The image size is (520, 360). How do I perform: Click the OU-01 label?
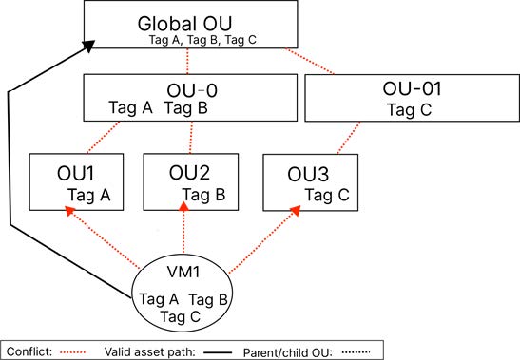(411, 90)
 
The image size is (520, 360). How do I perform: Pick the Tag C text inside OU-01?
(411, 109)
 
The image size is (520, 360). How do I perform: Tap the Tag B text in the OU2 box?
(203, 194)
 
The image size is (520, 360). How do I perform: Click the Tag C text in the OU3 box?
(326, 196)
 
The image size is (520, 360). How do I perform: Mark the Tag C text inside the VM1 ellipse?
(182, 316)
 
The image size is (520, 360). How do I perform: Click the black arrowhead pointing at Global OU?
(88, 44)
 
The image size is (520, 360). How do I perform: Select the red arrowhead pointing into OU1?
(67, 212)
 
